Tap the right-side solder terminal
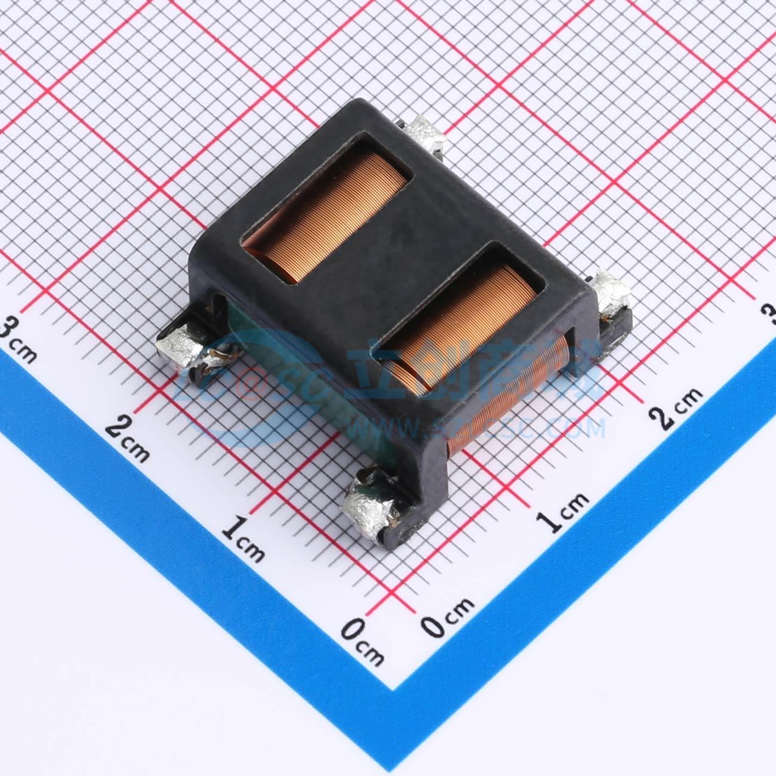pyautogui.click(x=610, y=296)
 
